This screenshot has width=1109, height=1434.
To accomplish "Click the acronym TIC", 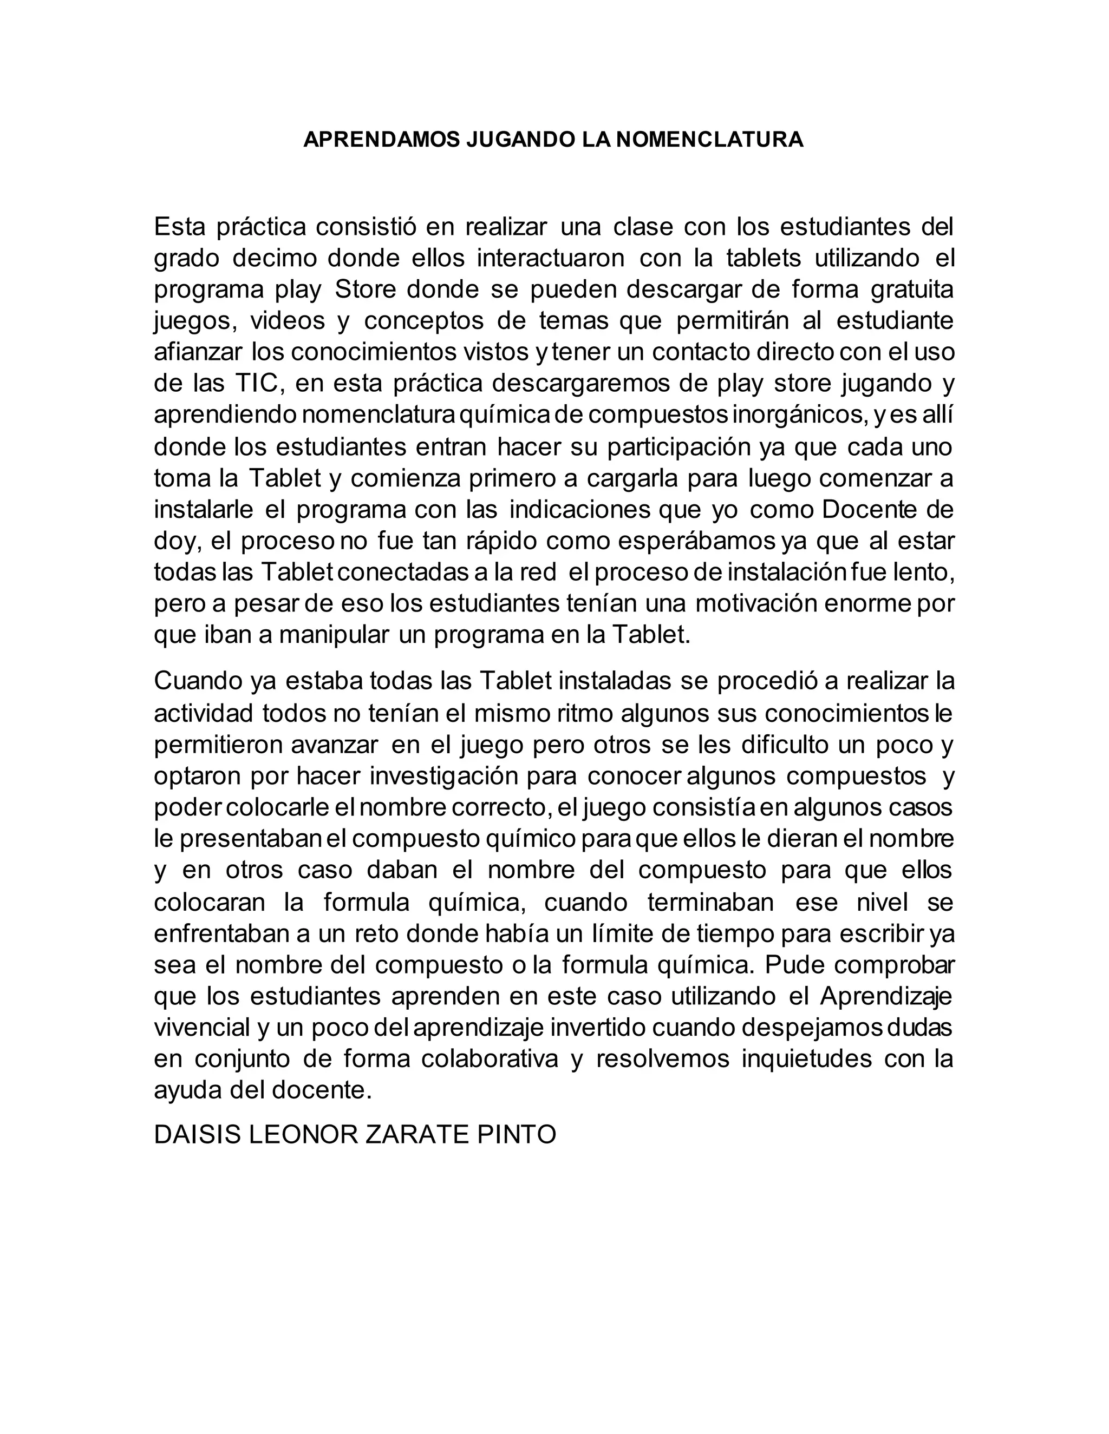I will pyautogui.click(x=259, y=384).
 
